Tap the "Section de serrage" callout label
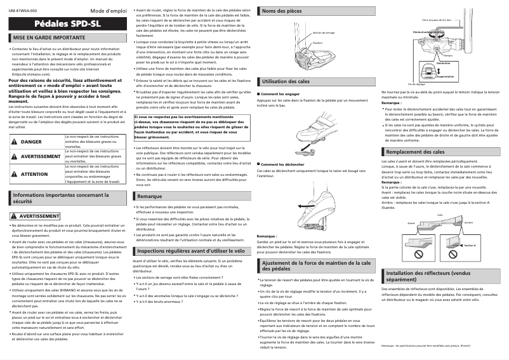pos(324,33)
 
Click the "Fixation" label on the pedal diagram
pos(317,43)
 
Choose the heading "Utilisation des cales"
pos(286,82)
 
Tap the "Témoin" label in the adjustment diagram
pos(449,55)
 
